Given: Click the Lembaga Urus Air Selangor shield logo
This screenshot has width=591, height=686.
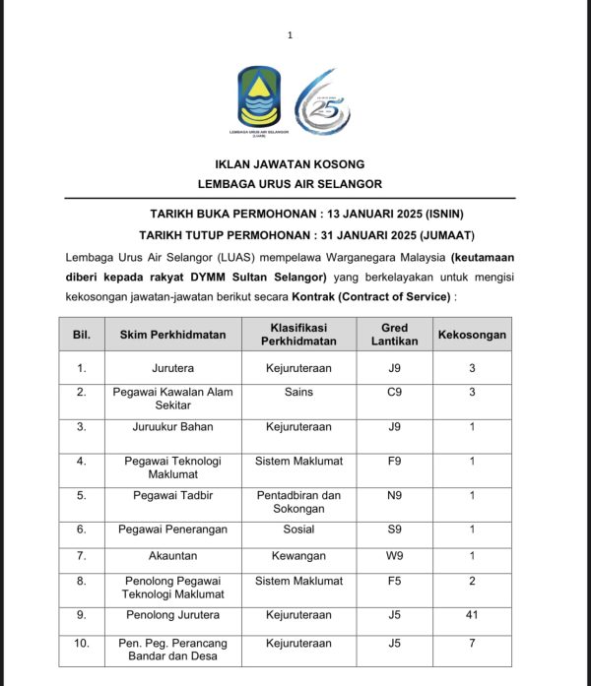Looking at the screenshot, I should click(x=259, y=97).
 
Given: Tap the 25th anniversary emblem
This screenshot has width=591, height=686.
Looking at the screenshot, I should click(x=322, y=101).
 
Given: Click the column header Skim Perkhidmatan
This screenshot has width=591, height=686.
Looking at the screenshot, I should click(x=172, y=335).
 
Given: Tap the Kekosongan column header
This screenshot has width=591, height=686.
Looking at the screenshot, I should click(x=472, y=335).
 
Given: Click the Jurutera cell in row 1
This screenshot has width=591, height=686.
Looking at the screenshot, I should click(x=172, y=368).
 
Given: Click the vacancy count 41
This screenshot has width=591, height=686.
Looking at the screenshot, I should click(x=472, y=615).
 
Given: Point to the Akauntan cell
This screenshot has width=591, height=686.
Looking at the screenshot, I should click(x=172, y=556).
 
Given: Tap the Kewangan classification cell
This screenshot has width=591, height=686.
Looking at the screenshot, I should click(x=298, y=556).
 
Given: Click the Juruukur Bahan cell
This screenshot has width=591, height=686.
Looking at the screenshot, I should click(x=172, y=427).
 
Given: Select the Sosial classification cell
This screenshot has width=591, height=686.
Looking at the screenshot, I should click(x=298, y=529).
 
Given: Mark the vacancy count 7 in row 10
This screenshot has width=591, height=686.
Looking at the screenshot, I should click(x=472, y=643).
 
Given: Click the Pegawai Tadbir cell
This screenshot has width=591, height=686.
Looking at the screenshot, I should click(x=172, y=495).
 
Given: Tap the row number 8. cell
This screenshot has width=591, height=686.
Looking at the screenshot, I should click(x=82, y=582).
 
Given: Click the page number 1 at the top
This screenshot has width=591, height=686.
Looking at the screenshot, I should click(x=290, y=35).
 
